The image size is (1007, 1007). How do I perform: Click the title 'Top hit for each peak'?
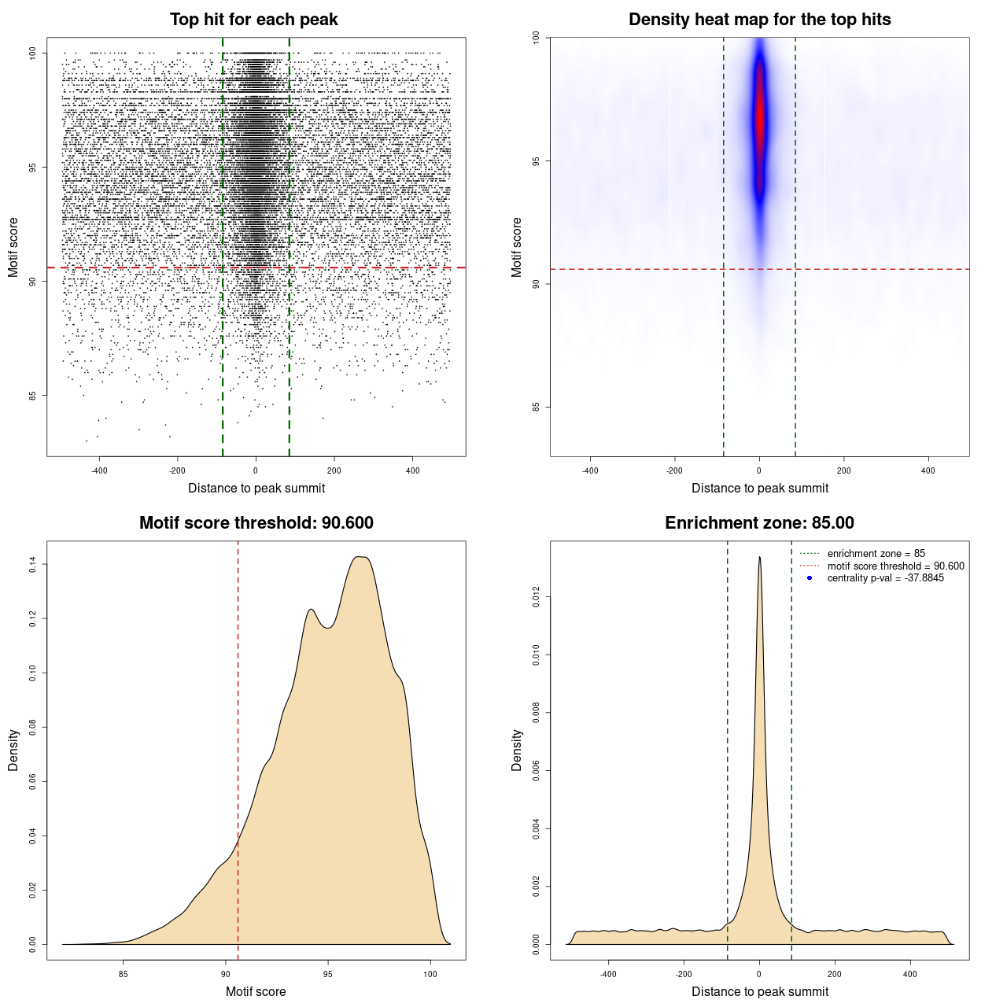tap(253, 20)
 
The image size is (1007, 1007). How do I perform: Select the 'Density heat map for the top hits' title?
tap(759, 20)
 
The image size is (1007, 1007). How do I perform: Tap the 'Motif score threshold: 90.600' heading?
tap(256, 523)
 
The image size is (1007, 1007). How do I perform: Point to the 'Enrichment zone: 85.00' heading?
tap(759, 523)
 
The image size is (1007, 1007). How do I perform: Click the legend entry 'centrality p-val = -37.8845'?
tap(885, 578)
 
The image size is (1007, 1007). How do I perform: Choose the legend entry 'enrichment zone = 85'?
tap(876, 554)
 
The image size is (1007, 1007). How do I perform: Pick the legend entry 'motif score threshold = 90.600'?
tap(895, 566)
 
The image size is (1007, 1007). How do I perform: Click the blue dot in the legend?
tap(810, 578)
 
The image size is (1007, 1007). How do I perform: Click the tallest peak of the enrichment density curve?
tap(759, 557)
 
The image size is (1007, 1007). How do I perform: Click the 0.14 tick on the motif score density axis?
tap(33, 564)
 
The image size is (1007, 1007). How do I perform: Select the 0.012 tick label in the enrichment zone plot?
tap(537, 597)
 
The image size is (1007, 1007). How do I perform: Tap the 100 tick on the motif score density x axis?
tap(430, 974)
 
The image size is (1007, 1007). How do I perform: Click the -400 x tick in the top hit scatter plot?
tap(99, 470)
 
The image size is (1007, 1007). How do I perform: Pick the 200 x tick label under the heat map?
tap(843, 470)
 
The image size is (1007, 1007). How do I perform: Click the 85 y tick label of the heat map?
tap(537, 407)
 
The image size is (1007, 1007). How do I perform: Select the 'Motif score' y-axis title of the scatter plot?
tap(13, 247)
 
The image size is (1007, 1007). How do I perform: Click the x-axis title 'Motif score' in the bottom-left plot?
tap(256, 991)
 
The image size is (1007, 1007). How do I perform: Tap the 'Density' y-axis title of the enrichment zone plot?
tap(517, 750)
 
